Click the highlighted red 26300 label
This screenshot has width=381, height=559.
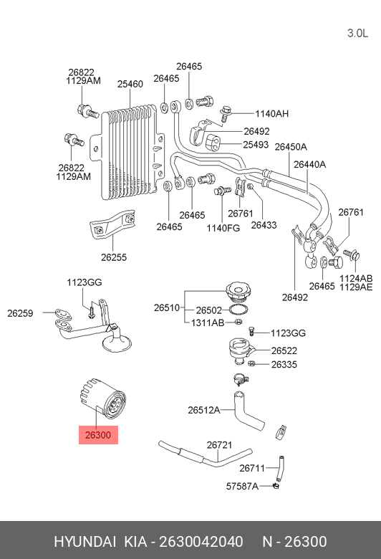[x=98, y=435]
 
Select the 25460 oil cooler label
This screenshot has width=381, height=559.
[x=130, y=84]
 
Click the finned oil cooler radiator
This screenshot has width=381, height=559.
[x=129, y=153]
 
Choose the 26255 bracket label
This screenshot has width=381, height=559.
[x=114, y=257]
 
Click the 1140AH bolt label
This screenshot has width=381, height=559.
[x=272, y=113]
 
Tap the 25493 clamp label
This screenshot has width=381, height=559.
[x=256, y=144]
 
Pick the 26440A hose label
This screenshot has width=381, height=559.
[x=310, y=164]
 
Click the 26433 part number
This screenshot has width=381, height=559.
[x=264, y=224]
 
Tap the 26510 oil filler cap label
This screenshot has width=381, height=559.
[x=166, y=307]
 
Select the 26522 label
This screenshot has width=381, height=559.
[x=284, y=350]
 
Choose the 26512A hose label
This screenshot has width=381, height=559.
[x=203, y=411]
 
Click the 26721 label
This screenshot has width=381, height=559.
[x=219, y=445]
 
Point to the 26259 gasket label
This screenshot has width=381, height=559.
[x=21, y=312]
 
